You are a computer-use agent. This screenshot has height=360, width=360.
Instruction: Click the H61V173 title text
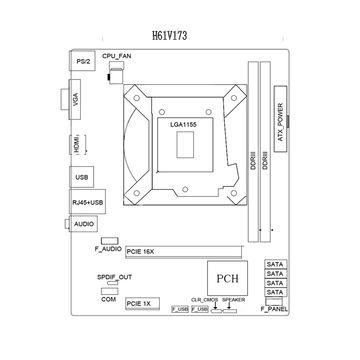coord(179,32)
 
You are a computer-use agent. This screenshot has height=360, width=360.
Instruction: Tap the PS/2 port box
coord(85,64)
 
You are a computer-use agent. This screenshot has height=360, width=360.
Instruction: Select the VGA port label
coord(78,100)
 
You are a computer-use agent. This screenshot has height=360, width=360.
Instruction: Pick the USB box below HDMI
coord(83,177)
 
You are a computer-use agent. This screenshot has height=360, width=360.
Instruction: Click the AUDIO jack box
coord(85,225)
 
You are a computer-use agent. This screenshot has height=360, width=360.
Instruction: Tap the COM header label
coord(108,298)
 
